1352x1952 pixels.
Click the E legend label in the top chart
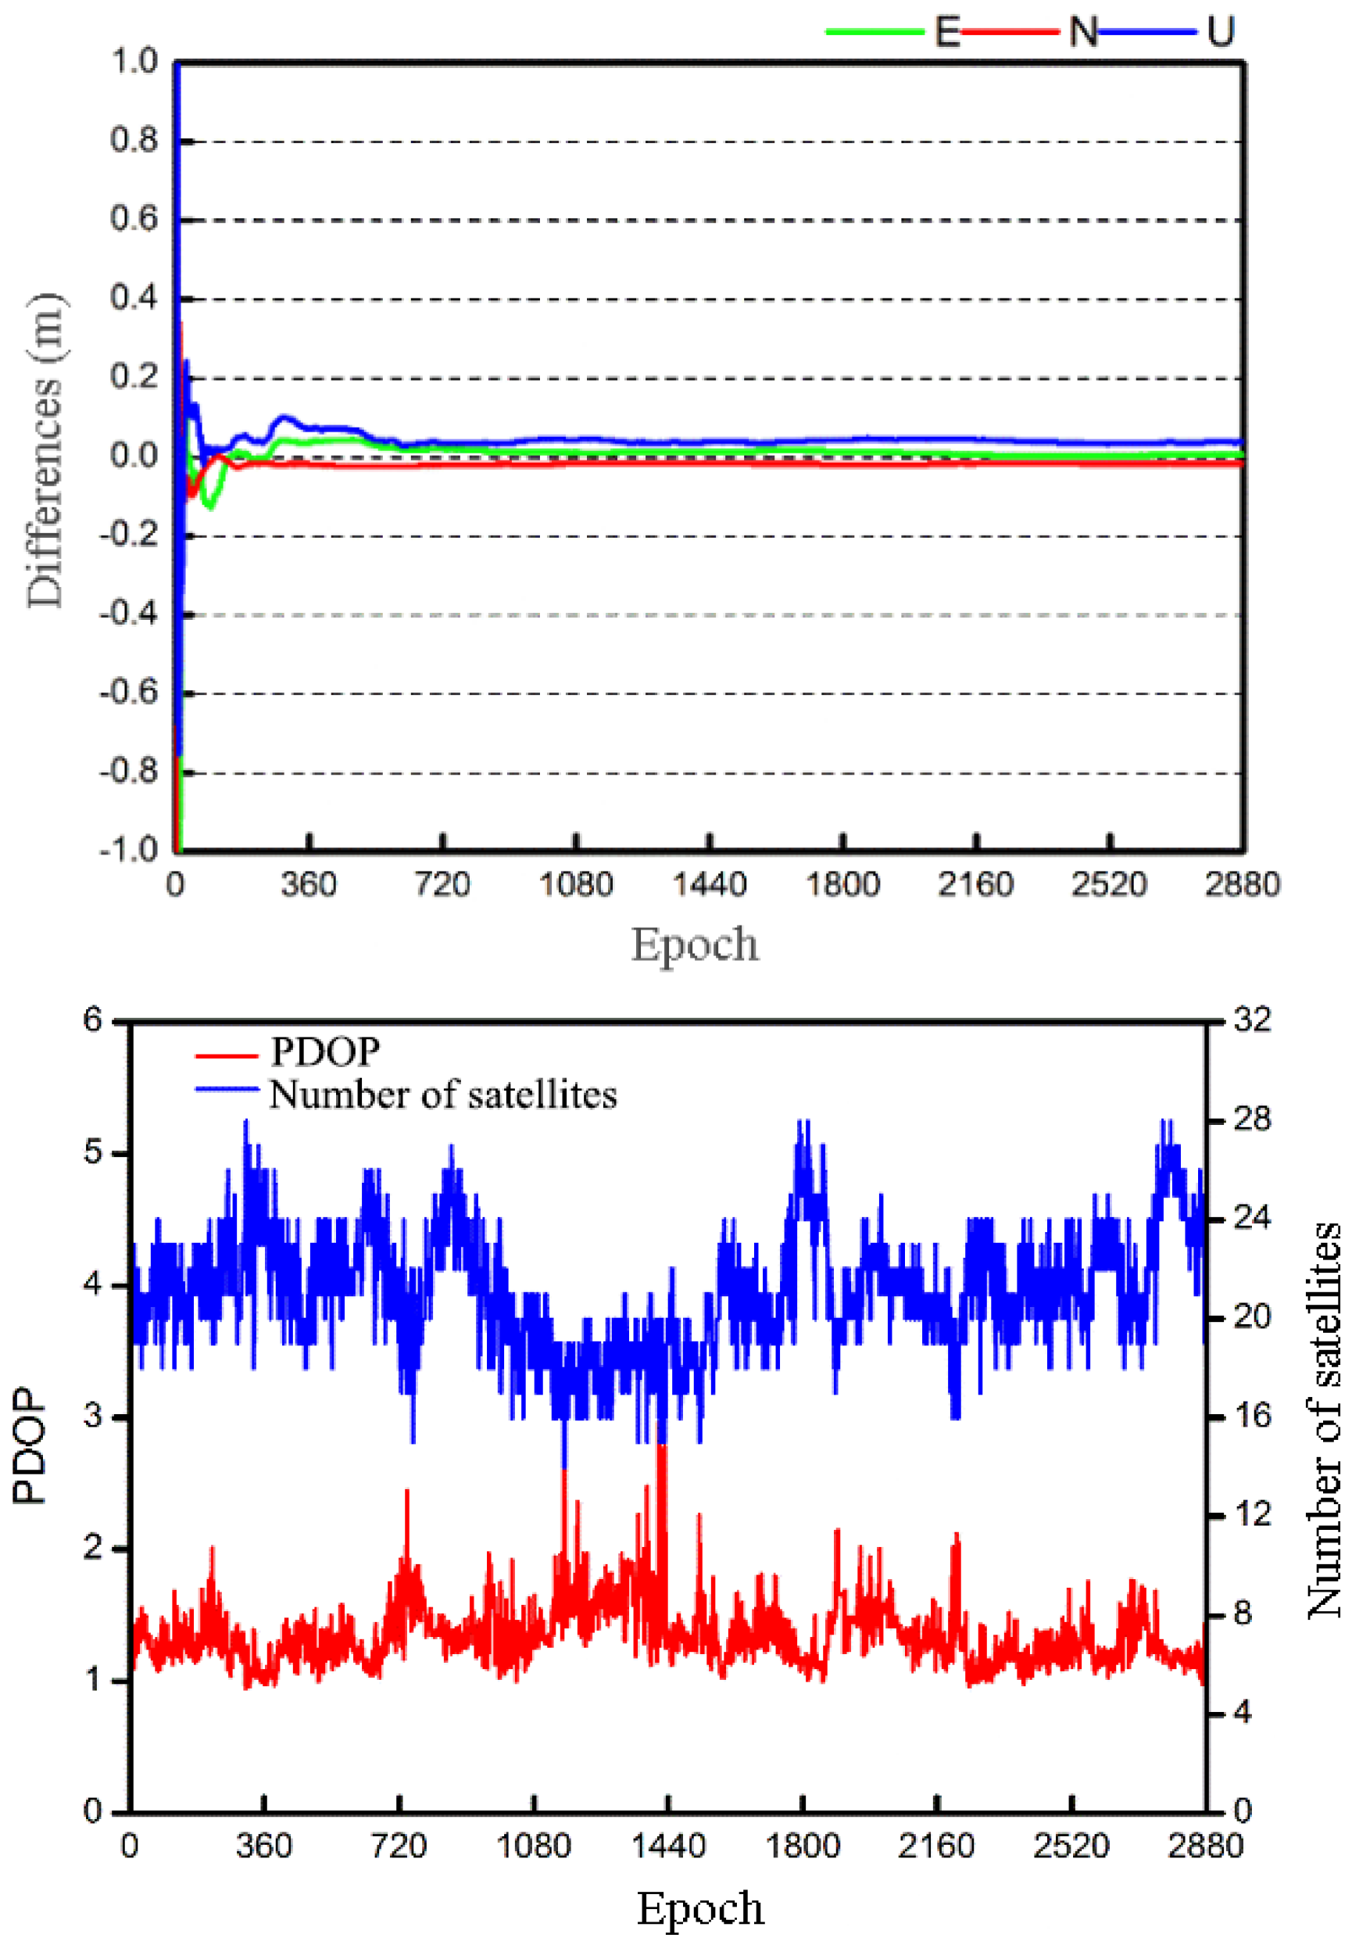tap(946, 32)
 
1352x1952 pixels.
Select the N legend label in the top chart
tap(1082, 32)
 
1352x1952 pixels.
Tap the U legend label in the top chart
tap(1220, 32)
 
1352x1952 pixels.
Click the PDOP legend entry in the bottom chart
tap(324, 1051)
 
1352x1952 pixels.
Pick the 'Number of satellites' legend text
tap(443, 1094)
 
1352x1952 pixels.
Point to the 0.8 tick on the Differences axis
tap(134, 141)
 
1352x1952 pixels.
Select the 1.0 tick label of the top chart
tap(134, 61)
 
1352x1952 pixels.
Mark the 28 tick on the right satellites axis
tap(1252, 1120)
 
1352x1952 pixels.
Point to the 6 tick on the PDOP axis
tap(92, 1019)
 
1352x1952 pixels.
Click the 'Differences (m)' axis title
tap(44, 451)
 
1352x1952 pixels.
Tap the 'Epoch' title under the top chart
tap(695, 944)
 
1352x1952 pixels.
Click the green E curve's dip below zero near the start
tap(210, 506)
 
